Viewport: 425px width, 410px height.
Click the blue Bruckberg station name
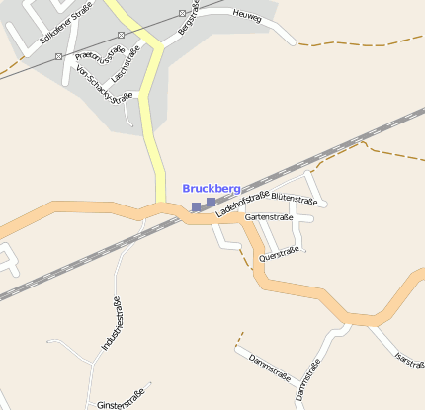click(212, 188)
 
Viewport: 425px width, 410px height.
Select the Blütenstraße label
click(293, 201)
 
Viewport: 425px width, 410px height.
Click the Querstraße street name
click(278, 254)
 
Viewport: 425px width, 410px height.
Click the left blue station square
click(196, 207)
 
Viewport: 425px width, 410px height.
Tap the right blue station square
click(211, 203)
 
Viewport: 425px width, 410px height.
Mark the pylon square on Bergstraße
click(183, 14)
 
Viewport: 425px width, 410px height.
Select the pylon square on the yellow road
click(120, 34)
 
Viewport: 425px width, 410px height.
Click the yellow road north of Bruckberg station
click(156, 148)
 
